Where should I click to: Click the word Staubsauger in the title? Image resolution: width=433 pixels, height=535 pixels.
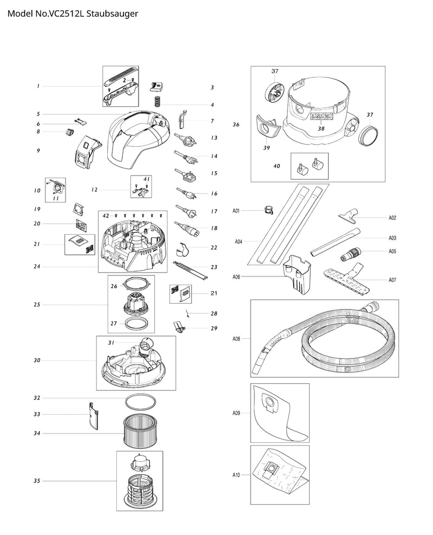tap(112, 14)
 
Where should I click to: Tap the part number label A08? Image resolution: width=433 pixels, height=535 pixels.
tap(236, 339)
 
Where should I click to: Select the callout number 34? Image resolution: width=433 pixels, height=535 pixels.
tap(37, 433)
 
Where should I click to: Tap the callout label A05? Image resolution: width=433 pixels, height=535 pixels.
tap(392, 251)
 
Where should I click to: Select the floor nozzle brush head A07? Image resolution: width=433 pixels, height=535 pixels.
tap(346, 276)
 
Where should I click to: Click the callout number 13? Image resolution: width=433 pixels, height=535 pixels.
tap(214, 138)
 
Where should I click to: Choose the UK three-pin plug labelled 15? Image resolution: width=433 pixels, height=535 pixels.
tap(186, 175)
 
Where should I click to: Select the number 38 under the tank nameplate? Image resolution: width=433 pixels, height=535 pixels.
tap(322, 128)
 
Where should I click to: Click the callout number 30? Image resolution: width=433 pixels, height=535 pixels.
tap(37, 360)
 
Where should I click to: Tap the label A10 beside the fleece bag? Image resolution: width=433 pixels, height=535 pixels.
tap(236, 475)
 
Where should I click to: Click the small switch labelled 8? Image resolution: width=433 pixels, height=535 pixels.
tap(70, 132)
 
